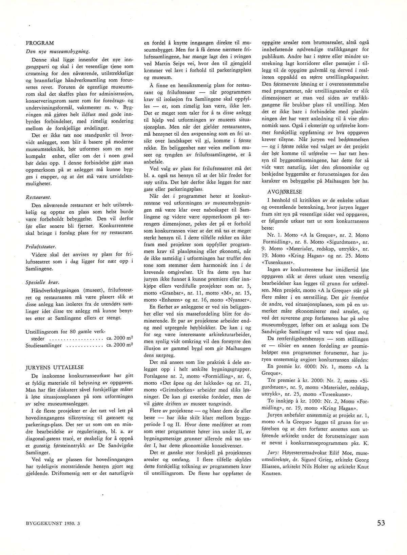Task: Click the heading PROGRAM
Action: click(40, 43)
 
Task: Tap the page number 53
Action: click(381, 523)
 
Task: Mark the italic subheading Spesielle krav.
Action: click(40, 282)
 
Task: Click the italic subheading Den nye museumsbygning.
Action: click(58, 52)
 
